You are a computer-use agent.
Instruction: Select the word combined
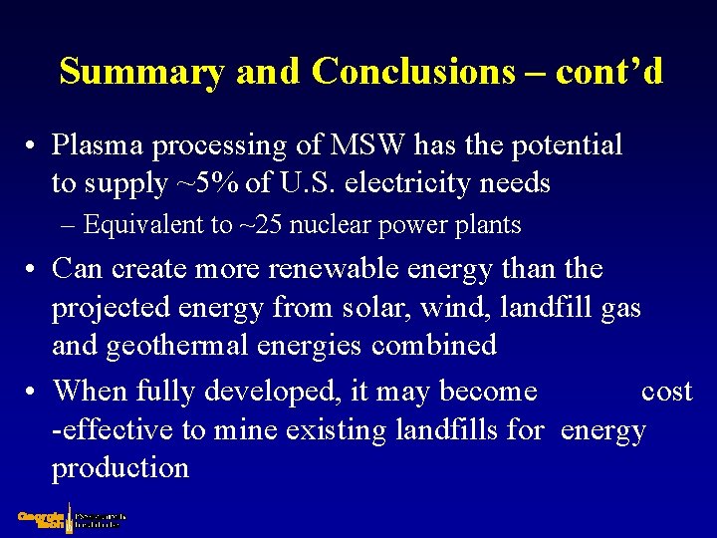433,346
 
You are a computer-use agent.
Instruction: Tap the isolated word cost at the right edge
666,391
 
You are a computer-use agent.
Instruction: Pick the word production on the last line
119,468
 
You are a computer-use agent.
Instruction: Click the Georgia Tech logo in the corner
70,520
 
